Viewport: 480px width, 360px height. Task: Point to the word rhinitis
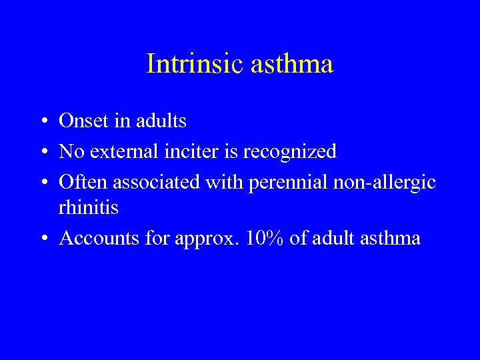click(x=89, y=208)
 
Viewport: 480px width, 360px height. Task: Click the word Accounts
click(x=95, y=239)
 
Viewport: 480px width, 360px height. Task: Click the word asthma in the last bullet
click(x=390, y=239)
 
